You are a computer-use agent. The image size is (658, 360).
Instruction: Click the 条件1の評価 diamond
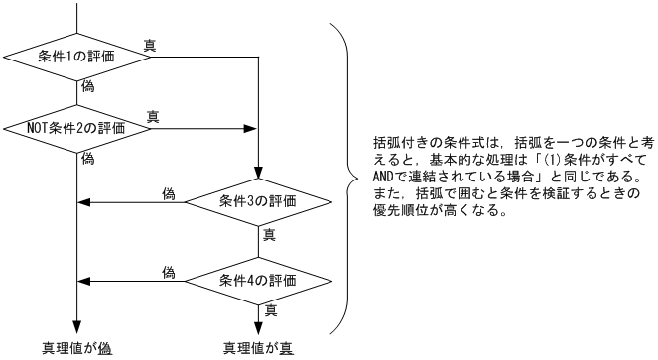click(x=77, y=56)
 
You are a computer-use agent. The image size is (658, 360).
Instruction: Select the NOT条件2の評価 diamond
click(x=77, y=127)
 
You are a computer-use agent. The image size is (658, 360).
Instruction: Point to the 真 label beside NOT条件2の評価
click(x=152, y=116)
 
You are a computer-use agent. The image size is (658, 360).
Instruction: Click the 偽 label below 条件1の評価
click(x=87, y=87)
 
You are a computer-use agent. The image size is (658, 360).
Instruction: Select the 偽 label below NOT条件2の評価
click(x=87, y=159)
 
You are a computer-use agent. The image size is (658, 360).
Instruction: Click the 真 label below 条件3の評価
click(x=268, y=236)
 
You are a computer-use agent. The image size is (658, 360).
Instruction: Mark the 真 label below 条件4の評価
click(x=268, y=309)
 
